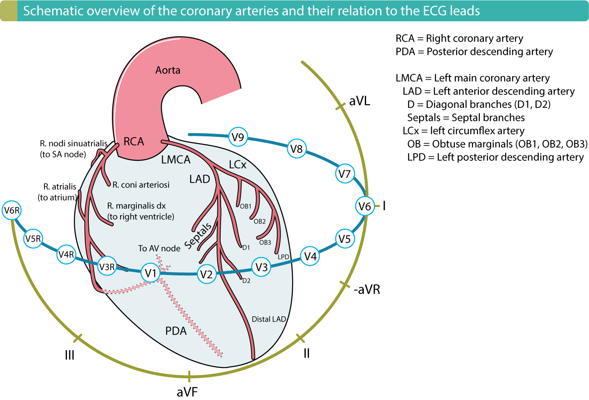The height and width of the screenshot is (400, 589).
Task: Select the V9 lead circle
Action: (x=238, y=136)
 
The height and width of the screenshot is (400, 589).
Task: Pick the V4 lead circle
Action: (x=310, y=256)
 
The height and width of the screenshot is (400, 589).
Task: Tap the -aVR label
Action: (x=367, y=290)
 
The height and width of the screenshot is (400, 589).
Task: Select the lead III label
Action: (x=69, y=355)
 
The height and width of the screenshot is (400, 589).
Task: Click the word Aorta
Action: (x=168, y=70)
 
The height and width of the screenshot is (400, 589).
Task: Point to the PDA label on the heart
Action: (x=176, y=331)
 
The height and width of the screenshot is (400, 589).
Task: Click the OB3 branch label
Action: (x=265, y=242)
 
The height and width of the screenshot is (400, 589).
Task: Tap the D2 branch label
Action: (x=246, y=281)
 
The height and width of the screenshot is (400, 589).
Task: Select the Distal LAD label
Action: (x=269, y=319)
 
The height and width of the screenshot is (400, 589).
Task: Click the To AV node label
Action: (x=159, y=248)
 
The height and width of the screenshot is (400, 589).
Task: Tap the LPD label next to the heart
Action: (x=284, y=256)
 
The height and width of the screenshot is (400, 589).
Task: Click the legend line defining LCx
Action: (x=463, y=131)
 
